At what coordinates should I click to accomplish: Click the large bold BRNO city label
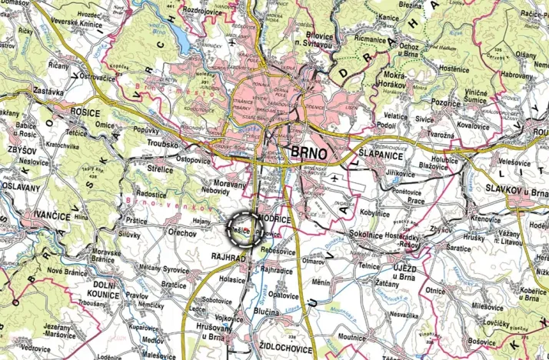click(310, 153)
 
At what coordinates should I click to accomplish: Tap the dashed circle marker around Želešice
click(246, 228)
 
